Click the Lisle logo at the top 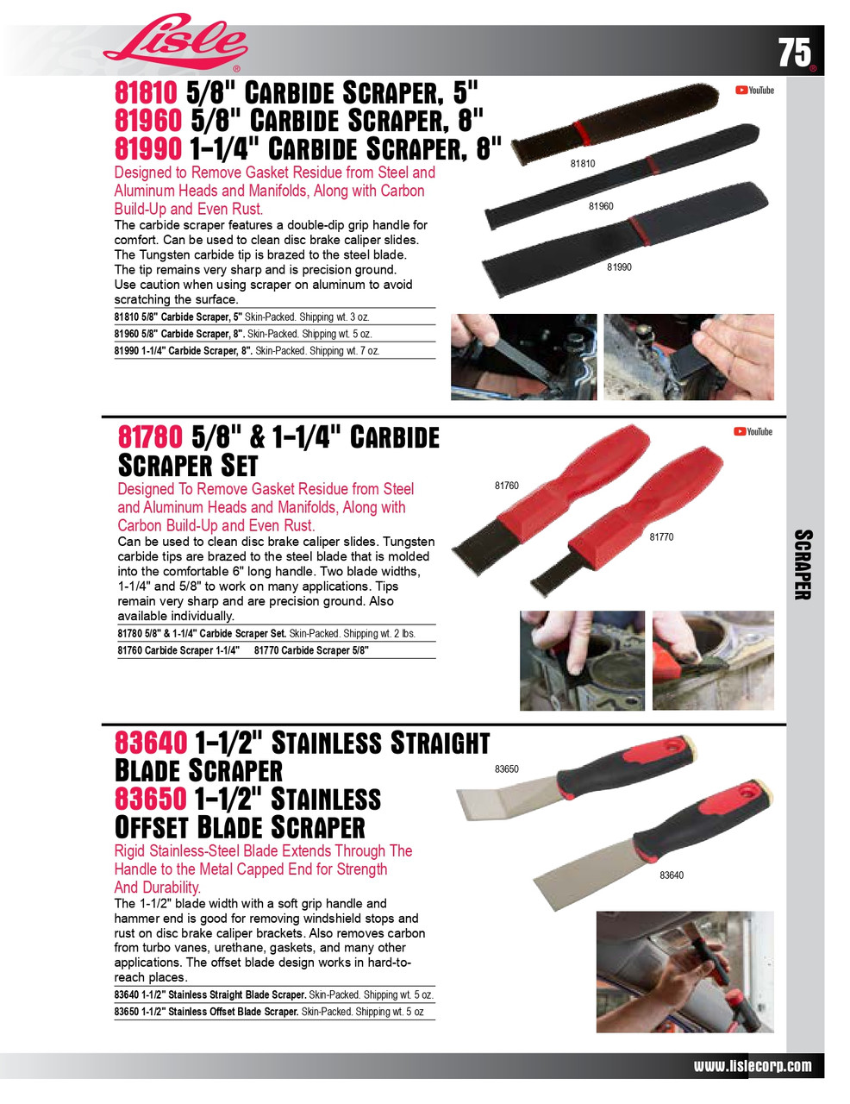pos(175,43)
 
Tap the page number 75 pos(795,53)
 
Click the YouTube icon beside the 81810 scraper pos(754,90)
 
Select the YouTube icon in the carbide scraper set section pos(753,431)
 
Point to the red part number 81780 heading pos(150,437)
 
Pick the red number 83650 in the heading pos(150,799)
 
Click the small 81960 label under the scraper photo pos(601,206)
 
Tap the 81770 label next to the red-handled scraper pos(661,537)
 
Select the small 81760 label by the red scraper pos(507,486)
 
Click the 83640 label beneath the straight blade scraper pos(672,875)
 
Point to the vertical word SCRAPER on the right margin pos(803,564)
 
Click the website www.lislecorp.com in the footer pos(753,1066)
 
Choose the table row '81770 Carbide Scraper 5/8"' pos(311,650)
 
